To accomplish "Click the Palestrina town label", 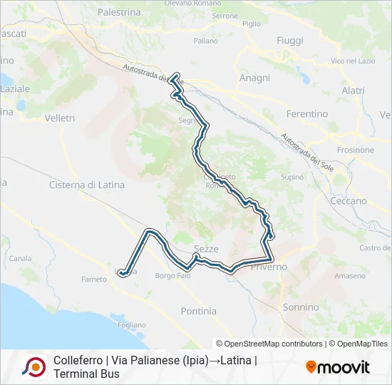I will click(x=119, y=12).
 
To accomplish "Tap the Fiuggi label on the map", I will click(x=290, y=41).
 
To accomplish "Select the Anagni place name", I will click(x=254, y=78).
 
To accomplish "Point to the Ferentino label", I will click(x=306, y=114).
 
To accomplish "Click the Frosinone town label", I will click(x=356, y=150).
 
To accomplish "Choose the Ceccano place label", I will click(x=349, y=201).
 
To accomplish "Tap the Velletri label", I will click(x=59, y=117).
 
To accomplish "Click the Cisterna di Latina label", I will click(x=86, y=185).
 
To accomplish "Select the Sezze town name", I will click(x=206, y=249).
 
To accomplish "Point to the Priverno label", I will click(x=269, y=267).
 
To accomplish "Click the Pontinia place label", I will click(x=199, y=311).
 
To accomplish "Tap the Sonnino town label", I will click(x=301, y=307).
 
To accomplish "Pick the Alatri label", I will click(x=353, y=91).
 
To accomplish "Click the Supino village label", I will click(x=292, y=177).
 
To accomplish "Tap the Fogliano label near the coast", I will click(x=132, y=325).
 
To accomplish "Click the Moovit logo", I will click(x=338, y=367).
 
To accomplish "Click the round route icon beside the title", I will click(x=33, y=367).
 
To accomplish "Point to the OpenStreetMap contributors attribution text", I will click(x=269, y=344).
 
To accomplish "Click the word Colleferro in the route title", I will click(x=77, y=361).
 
